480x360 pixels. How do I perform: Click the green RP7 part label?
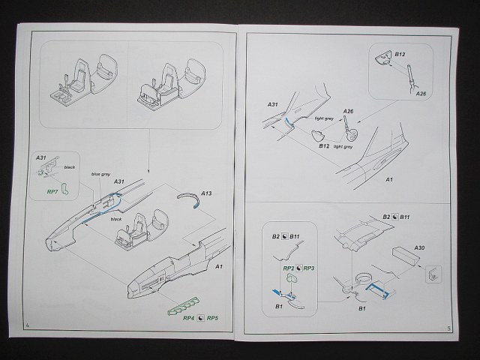coord(52,192)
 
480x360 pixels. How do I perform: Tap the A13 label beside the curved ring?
coord(206,193)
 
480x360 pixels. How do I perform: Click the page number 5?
coord(447,328)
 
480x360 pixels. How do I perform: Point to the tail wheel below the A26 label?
coord(348,140)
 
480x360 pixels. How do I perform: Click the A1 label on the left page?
coord(219,266)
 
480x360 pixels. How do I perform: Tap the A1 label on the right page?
coord(388,180)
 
